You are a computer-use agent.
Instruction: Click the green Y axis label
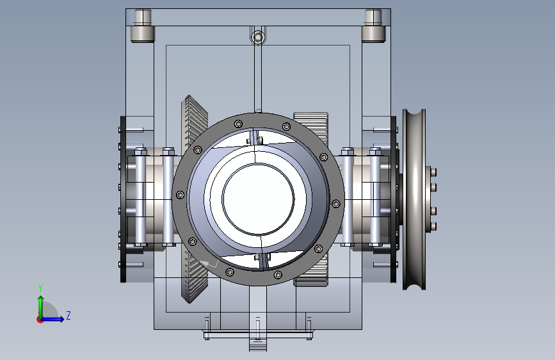(40, 288)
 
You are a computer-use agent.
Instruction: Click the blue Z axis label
(68, 315)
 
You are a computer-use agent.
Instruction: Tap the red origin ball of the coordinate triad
(40, 320)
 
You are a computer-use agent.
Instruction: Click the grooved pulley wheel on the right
(414, 199)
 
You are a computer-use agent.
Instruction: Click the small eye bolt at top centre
(258, 37)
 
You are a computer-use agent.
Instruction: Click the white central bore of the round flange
(258, 199)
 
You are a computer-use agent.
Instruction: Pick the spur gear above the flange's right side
(311, 125)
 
